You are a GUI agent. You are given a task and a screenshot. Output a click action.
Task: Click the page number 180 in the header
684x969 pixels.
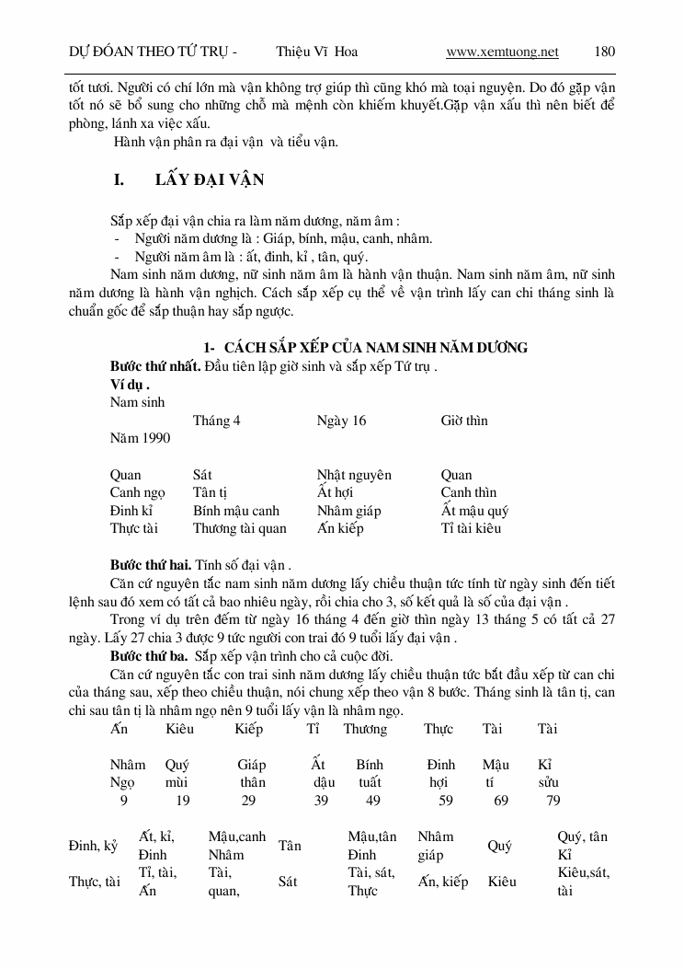604,52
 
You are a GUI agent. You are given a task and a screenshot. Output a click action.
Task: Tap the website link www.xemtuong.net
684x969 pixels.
502,52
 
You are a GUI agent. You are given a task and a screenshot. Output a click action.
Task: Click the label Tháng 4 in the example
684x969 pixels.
217,421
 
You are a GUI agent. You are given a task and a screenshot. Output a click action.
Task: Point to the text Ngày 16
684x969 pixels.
341,421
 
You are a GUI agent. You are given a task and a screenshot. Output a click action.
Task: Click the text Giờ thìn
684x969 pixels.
464,421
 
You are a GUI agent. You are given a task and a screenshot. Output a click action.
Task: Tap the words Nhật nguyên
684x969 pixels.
354,475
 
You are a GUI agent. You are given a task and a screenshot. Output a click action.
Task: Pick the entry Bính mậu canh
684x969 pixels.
235,511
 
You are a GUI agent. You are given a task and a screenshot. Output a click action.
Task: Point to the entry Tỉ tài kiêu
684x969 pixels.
471,528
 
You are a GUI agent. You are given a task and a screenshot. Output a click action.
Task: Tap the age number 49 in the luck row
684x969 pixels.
372,801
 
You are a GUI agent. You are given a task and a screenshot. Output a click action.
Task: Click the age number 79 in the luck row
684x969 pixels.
553,801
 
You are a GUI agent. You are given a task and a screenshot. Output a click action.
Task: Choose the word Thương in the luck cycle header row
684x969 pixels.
365,729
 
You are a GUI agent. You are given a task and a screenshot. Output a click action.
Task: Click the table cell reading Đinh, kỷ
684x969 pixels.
93,846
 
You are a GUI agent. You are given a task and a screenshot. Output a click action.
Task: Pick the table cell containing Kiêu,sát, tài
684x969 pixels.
583,881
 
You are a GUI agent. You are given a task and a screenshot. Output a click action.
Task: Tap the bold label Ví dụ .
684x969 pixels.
129,385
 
